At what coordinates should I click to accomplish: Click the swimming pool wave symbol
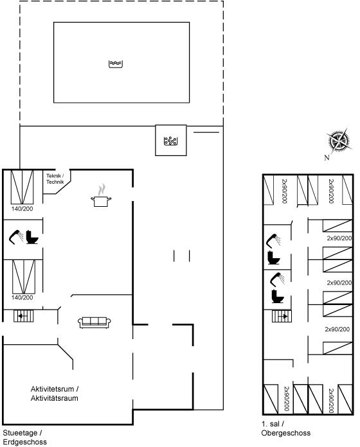point(116,64)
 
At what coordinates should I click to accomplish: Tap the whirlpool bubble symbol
point(170,141)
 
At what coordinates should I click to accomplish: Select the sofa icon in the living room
point(94,322)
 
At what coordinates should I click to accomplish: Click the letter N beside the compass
point(327,157)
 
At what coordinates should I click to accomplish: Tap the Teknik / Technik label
point(55,179)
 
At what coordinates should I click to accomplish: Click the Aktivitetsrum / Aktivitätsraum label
point(55,394)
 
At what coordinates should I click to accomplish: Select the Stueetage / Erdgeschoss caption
point(25,437)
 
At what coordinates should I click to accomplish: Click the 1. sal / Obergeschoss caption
point(286,428)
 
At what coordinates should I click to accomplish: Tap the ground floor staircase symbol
point(24,316)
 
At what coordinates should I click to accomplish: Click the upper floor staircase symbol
point(282,316)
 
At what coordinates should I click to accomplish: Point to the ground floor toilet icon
point(32,237)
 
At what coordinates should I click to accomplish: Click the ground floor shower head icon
point(16,237)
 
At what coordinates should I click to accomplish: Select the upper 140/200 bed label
point(22,209)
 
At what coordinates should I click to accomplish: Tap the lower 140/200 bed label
point(22,297)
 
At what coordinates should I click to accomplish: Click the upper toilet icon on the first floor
point(274,258)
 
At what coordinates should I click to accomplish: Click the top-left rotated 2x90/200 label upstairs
point(284,191)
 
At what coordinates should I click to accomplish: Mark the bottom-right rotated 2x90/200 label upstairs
point(331,401)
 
